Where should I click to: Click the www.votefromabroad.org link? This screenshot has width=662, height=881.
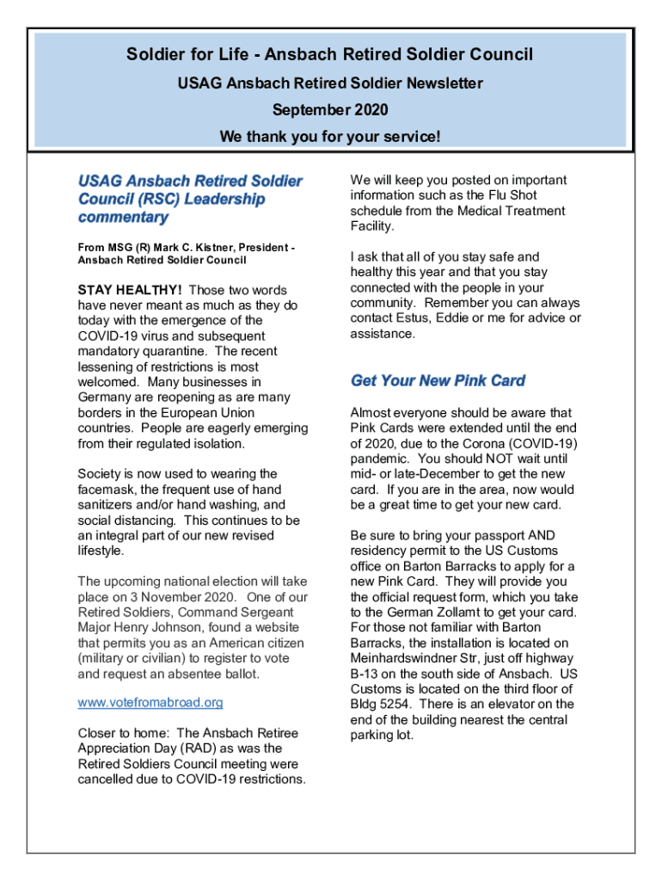point(150,702)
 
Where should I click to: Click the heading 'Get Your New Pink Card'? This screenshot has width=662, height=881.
point(438,381)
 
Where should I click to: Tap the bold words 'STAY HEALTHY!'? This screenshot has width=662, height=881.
point(130,290)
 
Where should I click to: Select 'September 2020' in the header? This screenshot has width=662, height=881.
point(330,109)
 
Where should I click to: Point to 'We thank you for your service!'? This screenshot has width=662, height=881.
point(330,137)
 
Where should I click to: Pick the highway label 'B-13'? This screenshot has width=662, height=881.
point(365,674)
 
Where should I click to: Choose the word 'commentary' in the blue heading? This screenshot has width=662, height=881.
point(123,218)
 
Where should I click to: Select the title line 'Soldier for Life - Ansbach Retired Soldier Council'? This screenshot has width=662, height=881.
point(330,55)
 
